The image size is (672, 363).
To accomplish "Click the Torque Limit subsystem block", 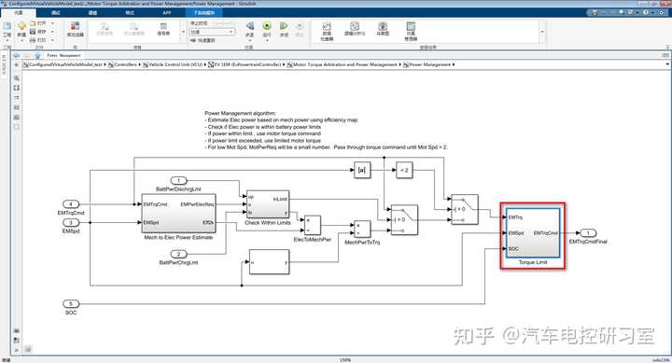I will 533,233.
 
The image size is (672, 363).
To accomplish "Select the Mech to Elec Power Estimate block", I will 176,213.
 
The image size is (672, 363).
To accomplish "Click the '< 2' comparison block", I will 403,171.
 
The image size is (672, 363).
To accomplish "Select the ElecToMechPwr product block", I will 314,224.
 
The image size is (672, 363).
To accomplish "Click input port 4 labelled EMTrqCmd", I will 71,202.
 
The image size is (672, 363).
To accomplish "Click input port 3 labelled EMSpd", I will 71,222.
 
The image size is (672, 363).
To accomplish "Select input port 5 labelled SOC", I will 71,304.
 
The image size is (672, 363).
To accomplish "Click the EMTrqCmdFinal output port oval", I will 590,232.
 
